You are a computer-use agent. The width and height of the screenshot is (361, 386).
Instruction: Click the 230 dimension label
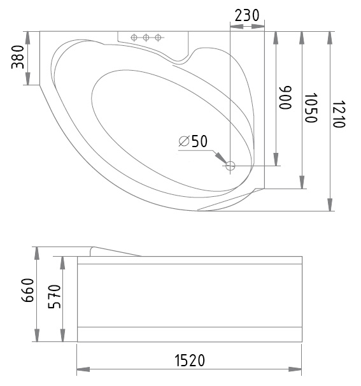[x=247, y=15]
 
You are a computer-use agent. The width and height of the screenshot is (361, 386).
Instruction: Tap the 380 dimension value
[x=18, y=57]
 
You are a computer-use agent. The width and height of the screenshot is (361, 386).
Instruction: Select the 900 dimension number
[x=285, y=97]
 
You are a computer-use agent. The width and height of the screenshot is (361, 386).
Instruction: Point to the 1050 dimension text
[x=311, y=108]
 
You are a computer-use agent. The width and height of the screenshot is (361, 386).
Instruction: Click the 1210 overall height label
[x=339, y=114]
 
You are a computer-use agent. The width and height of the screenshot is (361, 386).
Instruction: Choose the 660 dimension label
[x=27, y=290]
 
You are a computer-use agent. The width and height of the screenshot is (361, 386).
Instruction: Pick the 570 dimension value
[x=54, y=296]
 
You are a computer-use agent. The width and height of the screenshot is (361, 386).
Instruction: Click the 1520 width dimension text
[x=190, y=360]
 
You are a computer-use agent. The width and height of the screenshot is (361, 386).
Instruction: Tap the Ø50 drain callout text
[x=193, y=141]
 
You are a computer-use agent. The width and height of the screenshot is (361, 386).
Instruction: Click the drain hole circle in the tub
[x=230, y=166]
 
